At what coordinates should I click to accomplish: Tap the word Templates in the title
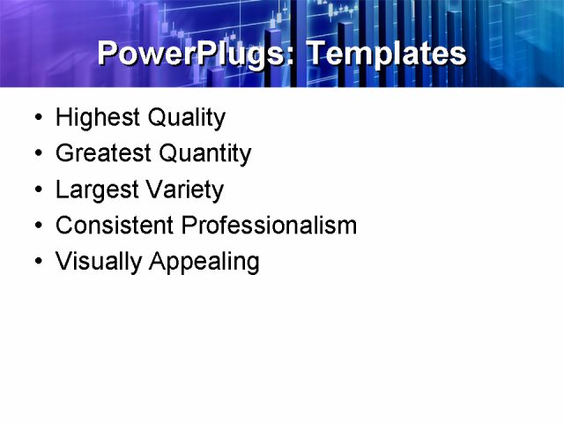pos(386,54)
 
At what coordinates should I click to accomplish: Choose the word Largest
pos(90,189)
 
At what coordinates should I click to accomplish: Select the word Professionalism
pos(269,226)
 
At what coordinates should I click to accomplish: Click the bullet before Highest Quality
pos(36,118)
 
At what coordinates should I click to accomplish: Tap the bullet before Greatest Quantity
pos(36,154)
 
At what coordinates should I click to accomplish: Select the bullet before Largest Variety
pos(36,190)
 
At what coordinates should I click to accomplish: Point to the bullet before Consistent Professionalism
pos(36,226)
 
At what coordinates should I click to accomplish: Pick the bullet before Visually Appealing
pos(36,263)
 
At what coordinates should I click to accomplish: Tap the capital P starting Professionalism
pos(189,226)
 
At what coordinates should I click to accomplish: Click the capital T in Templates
pos(315,53)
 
